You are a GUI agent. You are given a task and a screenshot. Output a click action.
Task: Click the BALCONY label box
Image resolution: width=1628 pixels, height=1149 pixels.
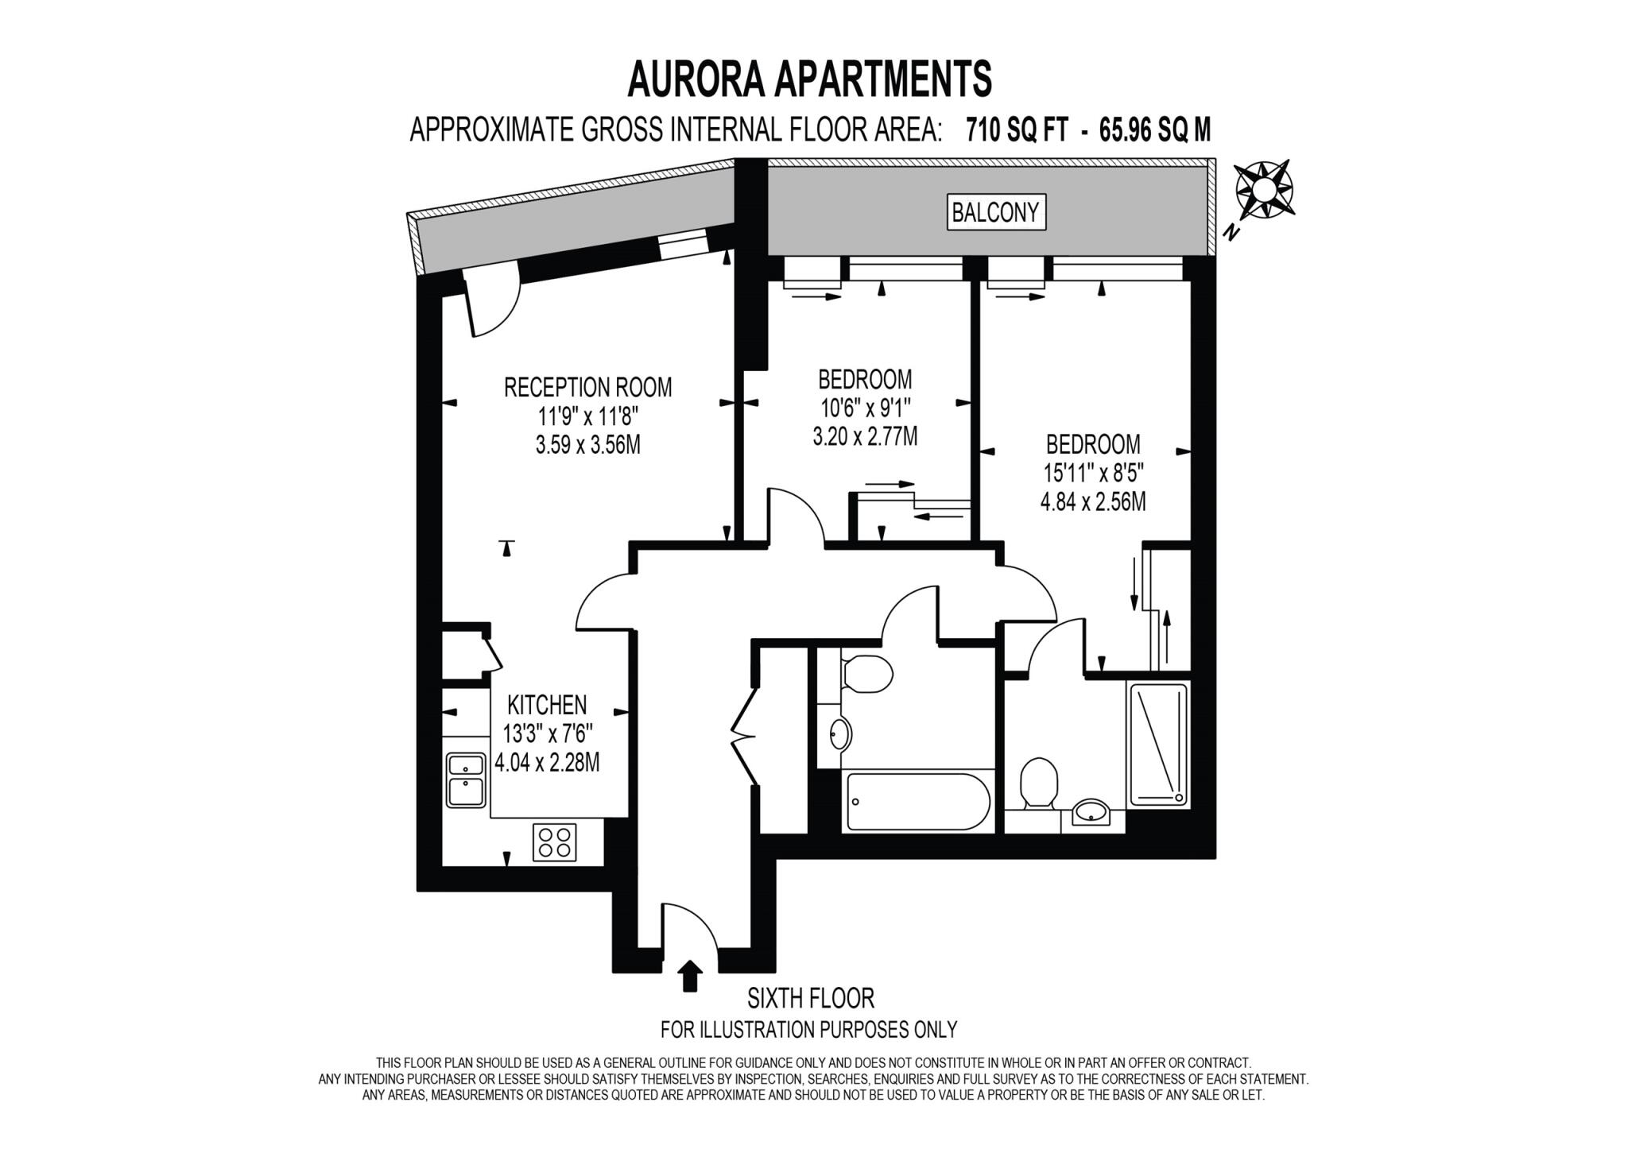click(995, 212)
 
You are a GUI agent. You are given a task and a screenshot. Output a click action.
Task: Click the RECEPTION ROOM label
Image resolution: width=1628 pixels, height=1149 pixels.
click(587, 387)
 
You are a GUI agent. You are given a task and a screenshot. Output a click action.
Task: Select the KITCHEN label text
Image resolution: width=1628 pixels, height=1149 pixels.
click(547, 704)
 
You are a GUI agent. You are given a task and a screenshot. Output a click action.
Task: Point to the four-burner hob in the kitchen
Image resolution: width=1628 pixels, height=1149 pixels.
click(554, 843)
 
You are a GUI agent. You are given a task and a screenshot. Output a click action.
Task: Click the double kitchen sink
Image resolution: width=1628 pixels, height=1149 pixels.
click(466, 780)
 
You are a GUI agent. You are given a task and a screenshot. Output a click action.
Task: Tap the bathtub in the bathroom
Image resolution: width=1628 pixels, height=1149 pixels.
click(917, 801)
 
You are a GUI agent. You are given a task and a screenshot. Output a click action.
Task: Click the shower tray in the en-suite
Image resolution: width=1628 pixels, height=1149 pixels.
click(1158, 744)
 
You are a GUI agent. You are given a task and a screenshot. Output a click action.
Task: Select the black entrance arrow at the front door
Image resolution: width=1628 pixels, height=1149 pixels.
click(689, 976)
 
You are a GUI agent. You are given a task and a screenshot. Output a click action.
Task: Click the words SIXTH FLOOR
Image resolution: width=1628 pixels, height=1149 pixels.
click(810, 997)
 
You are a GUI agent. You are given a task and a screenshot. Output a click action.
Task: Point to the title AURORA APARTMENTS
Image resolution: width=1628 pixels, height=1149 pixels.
click(809, 79)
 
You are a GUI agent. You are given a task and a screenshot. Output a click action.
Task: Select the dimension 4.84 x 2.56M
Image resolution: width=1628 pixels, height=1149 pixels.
click(1093, 502)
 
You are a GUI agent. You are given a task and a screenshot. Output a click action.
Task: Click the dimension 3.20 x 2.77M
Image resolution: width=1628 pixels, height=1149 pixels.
click(865, 436)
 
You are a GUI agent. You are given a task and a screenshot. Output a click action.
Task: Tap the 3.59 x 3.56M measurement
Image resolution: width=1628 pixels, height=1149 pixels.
click(587, 444)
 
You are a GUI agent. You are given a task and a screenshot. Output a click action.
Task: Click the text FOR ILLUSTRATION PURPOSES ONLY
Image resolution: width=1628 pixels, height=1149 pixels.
click(808, 1030)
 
